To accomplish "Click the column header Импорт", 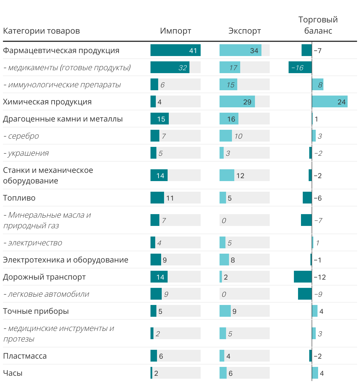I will pyautogui.click(x=176, y=31).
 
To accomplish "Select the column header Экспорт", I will pyautogui.click(x=245, y=31).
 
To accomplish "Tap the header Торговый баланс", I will pyautogui.click(x=318, y=25).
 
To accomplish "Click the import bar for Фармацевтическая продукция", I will pyautogui.click(x=175, y=50).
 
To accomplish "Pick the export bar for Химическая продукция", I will pyautogui.click(x=237, y=102).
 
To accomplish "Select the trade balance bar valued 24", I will pyautogui.click(x=330, y=102).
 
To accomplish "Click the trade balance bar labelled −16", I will pyautogui.click(x=300, y=68).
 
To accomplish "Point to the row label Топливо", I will pyautogui.click(x=19, y=198).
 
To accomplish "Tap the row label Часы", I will pyautogui.click(x=13, y=373).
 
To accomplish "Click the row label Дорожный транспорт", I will pyautogui.click(x=44, y=277).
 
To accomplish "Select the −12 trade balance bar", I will pyautogui.click(x=303, y=277).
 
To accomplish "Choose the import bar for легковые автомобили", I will pyautogui.click(x=156, y=294).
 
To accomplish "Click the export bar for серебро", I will pyautogui.click(x=226, y=136).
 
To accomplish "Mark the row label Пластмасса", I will pyautogui.click(x=25, y=356).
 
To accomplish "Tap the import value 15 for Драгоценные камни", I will pyautogui.click(x=161, y=119).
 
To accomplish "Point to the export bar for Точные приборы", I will pyautogui.click(x=225, y=311).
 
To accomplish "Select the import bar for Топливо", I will pyautogui.click(x=157, y=198).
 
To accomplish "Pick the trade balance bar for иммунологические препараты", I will pyautogui.click(x=318, y=85).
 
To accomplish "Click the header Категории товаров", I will pyautogui.click(x=41, y=31).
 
